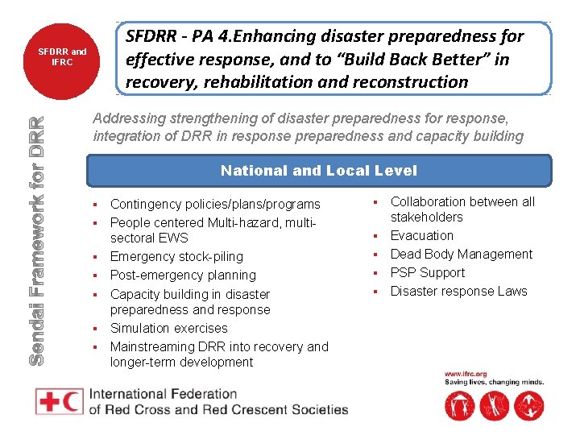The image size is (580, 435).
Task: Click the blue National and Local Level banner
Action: tap(319, 170)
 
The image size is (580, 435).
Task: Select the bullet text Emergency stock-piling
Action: tap(176, 256)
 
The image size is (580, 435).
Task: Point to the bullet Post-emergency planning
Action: tap(183, 275)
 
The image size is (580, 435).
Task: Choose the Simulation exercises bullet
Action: tap(168, 328)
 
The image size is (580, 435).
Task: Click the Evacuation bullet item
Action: tap(421, 235)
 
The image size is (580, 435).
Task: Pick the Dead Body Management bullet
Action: tap(461, 254)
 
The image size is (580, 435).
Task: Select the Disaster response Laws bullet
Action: tap(458, 291)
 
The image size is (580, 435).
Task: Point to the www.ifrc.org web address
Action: tap(466, 374)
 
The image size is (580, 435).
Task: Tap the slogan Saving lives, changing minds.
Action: tap(494, 383)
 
